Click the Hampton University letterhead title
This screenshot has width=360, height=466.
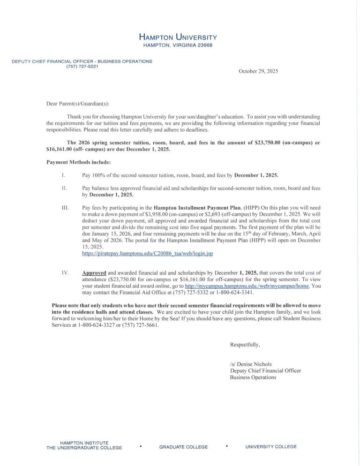178,37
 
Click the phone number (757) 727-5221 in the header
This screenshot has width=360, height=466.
82,66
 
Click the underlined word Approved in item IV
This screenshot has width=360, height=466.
94,272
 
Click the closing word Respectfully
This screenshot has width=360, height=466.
245,345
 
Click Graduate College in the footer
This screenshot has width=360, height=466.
183,447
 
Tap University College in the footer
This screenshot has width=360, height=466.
271,447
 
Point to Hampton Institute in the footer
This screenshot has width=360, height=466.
84,443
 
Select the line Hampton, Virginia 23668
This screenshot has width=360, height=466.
178,45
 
